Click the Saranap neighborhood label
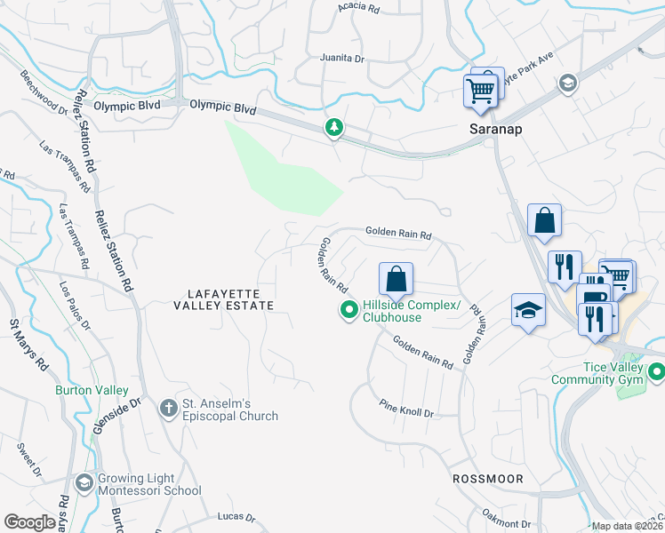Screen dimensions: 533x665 (x=495, y=129)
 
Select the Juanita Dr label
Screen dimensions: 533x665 (x=342, y=60)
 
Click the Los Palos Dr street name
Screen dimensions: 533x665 (x=75, y=305)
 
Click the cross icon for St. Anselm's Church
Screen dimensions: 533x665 (x=168, y=409)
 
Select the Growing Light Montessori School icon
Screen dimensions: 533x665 (x=84, y=483)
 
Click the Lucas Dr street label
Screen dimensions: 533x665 (x=236, y=517)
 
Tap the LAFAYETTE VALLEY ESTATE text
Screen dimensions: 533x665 (x=230, y=298)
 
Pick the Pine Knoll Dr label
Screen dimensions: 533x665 (x=405, y=413)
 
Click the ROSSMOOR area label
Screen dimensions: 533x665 (x=486, y=478)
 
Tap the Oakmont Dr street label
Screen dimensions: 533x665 (x=506, y=519)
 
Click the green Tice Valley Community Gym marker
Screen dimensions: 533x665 (x=656, y=372)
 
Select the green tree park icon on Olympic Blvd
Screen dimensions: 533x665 (x=334, y=128)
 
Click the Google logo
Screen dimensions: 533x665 (x=30, y=522)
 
